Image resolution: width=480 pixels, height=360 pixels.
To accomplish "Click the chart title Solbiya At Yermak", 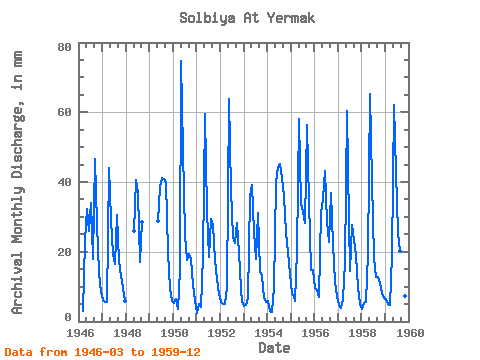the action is (x=247, y=18).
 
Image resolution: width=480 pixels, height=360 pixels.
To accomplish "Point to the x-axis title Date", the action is (x=274, y=348).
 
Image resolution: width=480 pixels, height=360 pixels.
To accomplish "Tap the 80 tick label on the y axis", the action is (x=64, y=47).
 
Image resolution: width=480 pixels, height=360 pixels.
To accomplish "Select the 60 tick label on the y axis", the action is (x=64, y=112).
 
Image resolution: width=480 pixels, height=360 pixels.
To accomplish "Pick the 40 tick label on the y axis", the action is (x=64, y=182).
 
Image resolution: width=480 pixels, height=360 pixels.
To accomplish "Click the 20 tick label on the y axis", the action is (x=64, y=252).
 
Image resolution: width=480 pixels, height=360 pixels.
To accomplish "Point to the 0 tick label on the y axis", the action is (x=68, y=317).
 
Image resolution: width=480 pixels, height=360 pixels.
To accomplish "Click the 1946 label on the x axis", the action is (x=80, y=333).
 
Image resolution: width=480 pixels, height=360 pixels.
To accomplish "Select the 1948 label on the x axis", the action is (x=127, y=333).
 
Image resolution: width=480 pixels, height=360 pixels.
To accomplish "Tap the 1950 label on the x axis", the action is (x=174, y=333).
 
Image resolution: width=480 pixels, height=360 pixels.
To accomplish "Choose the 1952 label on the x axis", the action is (x=221, y=333).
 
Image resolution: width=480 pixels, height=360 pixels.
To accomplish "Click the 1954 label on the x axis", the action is (x=268, y=333).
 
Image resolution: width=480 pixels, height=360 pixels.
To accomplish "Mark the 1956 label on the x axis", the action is (x=315, y=333).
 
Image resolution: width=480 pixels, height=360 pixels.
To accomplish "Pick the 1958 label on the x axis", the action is (x=362, y=333).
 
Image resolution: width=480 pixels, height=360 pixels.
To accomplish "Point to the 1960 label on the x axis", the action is (x=410, y=333).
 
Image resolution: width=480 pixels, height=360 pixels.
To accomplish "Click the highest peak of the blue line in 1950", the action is (x=181, y=61).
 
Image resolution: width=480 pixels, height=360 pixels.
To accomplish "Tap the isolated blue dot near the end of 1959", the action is (x=405, y=296).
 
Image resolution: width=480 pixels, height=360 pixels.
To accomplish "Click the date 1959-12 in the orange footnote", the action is (x=176, y=352).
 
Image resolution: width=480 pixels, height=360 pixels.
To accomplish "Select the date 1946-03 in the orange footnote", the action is (x=99, y=352).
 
